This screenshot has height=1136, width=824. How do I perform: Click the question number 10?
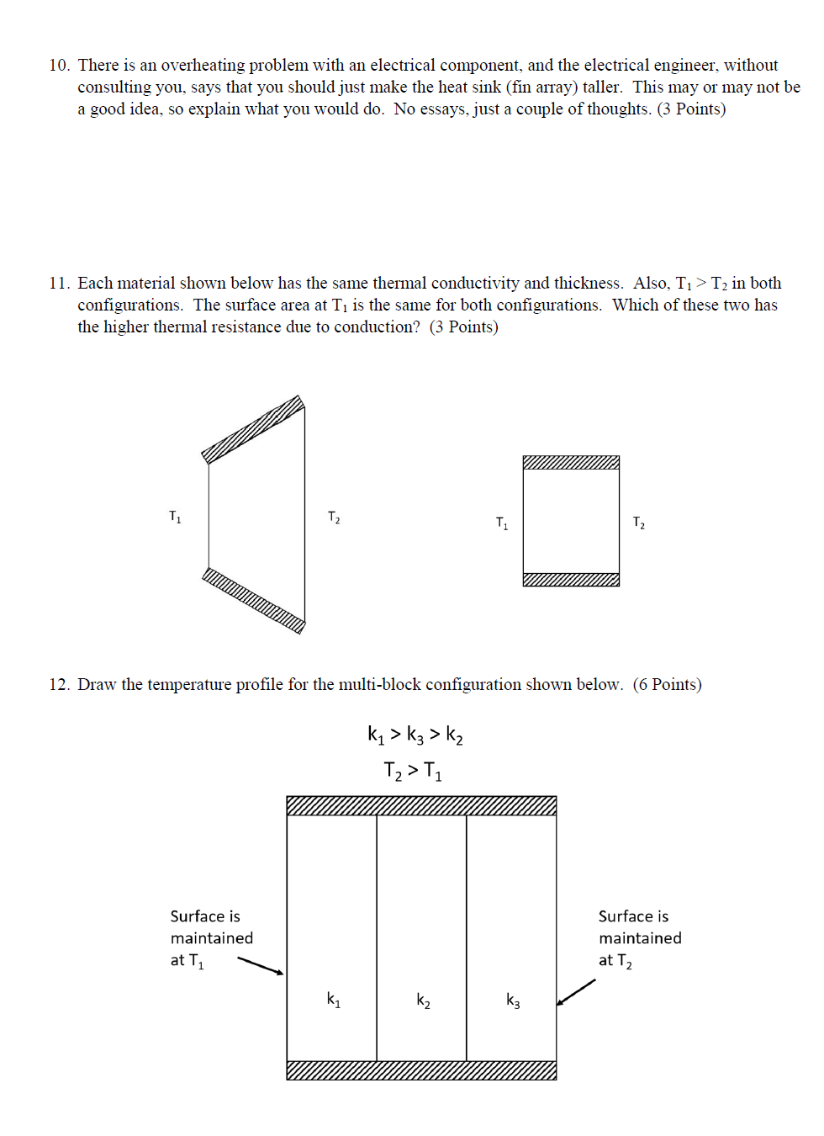click(58, 66)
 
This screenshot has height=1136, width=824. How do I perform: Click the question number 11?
click(58, 284)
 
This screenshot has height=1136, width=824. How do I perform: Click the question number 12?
click(58, 685)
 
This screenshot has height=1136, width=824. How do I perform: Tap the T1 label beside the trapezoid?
click(175, 517)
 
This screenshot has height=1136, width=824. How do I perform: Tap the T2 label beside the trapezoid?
click(334, 518)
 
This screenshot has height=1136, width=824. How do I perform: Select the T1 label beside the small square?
click(502, 523)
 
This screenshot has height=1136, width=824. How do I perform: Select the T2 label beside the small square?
click(639, 523)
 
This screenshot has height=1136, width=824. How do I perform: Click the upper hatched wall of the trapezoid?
click(253, 429)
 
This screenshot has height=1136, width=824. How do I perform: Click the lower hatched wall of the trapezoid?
click(253, 600)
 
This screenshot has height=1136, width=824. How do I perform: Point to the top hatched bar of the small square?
click(571, 462)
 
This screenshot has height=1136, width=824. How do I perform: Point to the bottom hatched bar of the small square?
click(571, 580)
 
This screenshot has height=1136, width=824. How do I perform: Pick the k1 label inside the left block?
click(334, 1000)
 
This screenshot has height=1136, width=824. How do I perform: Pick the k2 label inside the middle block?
click(424, 1001)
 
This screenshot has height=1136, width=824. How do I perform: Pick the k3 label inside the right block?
click(513, 1001)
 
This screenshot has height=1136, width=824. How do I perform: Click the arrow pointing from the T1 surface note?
click(261, 966)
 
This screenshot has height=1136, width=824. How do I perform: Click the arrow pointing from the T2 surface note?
click(576, 992)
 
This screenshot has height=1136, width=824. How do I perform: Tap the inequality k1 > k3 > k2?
click(415, 735)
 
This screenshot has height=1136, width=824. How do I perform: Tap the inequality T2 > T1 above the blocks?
click(413, 771)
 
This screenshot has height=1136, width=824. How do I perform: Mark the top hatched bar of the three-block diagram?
click(421, 806)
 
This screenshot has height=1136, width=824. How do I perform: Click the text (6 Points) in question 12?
click(668, 685)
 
